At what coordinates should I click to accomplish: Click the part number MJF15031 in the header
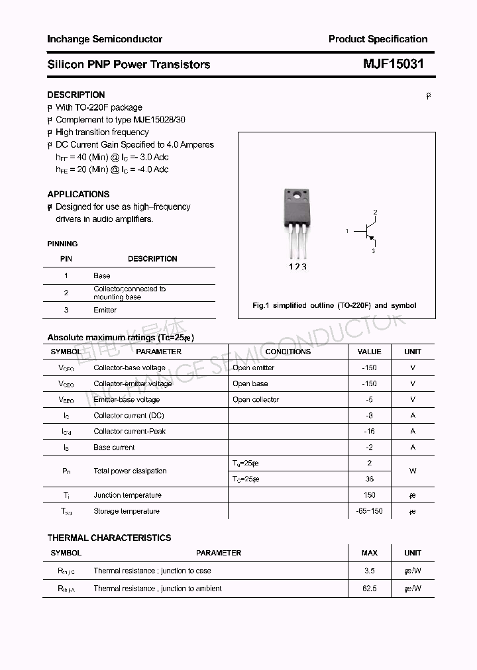(393, 64)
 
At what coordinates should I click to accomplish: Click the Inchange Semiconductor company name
(105, 39)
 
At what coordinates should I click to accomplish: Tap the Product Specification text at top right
(378, 39)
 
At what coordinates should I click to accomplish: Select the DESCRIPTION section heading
(76, 95)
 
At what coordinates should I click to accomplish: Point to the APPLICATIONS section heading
(78, 194)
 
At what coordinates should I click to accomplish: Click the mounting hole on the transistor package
(297, 195)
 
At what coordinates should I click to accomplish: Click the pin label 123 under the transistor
(297, 266)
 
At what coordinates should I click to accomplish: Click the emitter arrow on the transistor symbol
(372, 238)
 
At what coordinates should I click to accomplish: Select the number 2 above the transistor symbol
(375, 212)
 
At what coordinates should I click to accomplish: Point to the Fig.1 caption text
(335, 305)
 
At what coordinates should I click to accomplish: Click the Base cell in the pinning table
(102, 275)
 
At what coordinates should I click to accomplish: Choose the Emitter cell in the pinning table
(105, 310)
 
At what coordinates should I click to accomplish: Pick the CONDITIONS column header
(288, 352)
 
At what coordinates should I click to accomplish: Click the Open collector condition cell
(256, 399)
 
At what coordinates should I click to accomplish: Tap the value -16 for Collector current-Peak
(369, 431)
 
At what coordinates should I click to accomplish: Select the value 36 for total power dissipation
(369, 479)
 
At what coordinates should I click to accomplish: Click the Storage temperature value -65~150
(369, 511)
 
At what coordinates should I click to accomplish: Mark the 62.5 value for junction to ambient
(369, 588)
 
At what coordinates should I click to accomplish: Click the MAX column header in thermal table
(369, 553)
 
